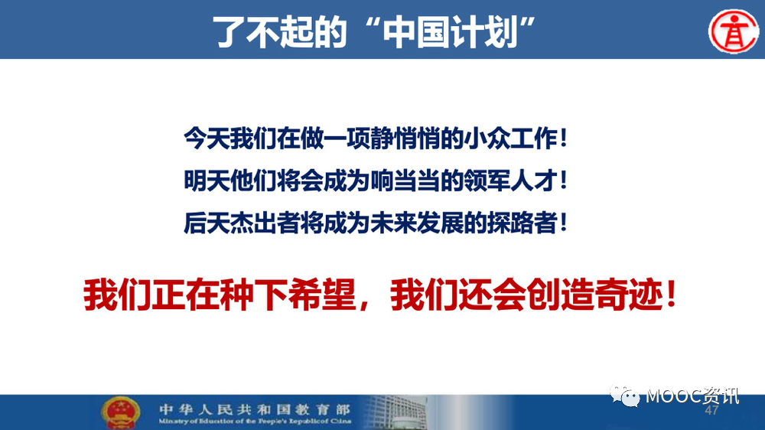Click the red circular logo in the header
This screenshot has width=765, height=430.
(734, 31)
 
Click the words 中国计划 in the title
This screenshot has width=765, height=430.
(450, 32)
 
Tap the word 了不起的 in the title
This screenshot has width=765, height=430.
(279, 32)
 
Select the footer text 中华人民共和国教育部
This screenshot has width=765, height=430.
(254, 409)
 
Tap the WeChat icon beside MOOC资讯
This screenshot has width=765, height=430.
(624, 396)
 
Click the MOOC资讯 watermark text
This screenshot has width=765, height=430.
(693, 396)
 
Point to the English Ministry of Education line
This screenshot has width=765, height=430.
(255, 422)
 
